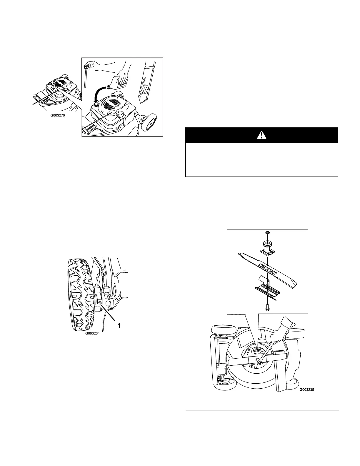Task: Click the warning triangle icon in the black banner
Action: pos(261,135)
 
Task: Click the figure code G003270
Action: pos(57,116)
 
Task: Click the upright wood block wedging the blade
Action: pos(281,374)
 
